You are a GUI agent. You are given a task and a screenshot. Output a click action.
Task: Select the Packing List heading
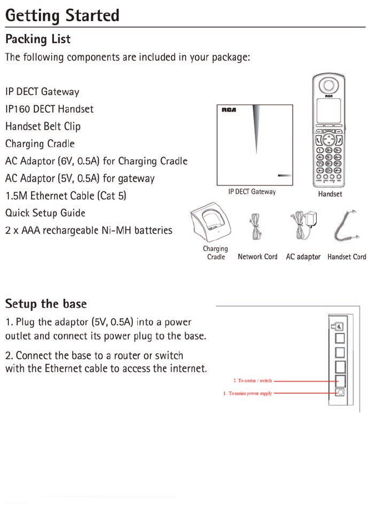point(38,40)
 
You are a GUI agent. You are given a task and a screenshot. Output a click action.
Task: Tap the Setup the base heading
point(46,304)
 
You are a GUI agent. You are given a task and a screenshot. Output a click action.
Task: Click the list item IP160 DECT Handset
point(49,109)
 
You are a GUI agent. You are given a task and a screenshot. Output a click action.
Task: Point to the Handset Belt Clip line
point(43,127)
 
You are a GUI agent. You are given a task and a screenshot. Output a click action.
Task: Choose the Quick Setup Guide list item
point(45,213)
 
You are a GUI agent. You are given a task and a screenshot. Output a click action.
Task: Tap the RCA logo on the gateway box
point(229,110)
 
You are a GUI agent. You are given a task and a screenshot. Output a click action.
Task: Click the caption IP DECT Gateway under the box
point(252,192)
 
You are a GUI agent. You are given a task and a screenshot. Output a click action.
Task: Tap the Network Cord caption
point(257,257)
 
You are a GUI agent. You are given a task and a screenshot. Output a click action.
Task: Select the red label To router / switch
point(252,381)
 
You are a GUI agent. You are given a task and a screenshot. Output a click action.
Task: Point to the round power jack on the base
point(341,392)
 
